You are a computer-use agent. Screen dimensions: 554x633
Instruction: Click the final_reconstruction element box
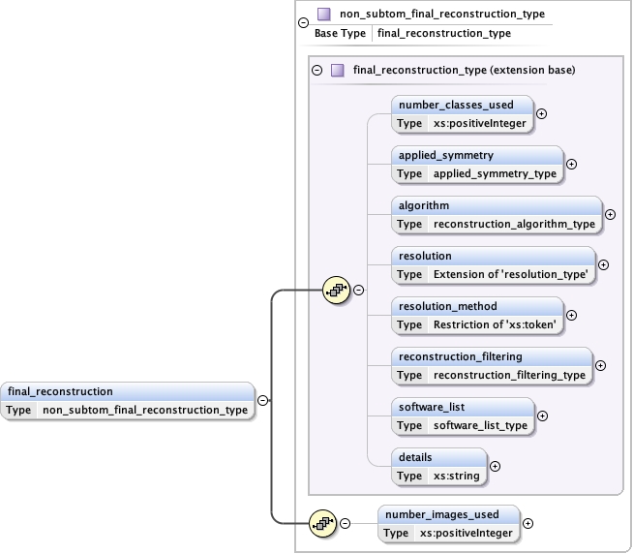tap(129, 400)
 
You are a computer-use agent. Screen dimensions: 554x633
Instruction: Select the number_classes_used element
tap(463, 113)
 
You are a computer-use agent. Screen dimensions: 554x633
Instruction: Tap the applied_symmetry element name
tap(446, 155)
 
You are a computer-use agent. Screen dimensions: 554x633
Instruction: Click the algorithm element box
tap(497, 214)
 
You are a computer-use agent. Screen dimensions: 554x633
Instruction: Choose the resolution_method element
tap(478, 315)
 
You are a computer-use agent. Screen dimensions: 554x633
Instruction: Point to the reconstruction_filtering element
tap(492, 365)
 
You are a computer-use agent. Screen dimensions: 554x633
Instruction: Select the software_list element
tap(463, 415)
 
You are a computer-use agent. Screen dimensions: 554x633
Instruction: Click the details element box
tap(438, 466)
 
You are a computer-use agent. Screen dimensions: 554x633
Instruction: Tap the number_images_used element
tap(449, 524)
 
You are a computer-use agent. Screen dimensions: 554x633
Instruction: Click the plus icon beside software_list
tap(542, 415)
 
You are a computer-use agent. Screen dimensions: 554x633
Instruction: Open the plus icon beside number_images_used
tap(528, 524)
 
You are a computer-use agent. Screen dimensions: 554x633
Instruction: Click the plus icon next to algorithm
tap(610, 214)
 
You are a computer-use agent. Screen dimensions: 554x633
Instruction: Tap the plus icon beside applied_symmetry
tap(571, 164)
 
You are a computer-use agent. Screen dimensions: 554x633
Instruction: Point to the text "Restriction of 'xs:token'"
tap(495, 324)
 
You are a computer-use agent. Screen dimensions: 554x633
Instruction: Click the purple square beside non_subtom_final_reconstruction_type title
tap(324, 15)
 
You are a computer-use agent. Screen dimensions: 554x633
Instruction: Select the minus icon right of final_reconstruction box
tap(262, 400)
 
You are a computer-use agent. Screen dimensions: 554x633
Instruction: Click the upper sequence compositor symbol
tap(336, 290)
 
